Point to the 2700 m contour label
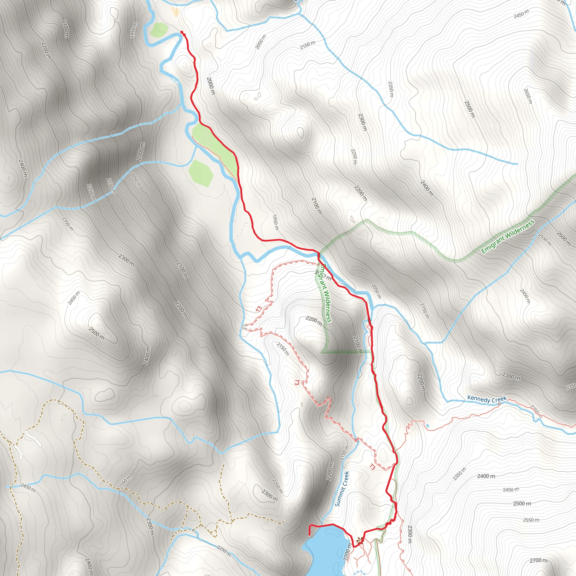tap(538, 561)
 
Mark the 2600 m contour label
tap(563, 238)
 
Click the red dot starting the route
tap(182, 32)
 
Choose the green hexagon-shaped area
tap(201, 174)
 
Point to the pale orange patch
tap(175, 11)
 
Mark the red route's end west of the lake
tap(309, 535)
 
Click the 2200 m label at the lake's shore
tap(347, 552)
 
